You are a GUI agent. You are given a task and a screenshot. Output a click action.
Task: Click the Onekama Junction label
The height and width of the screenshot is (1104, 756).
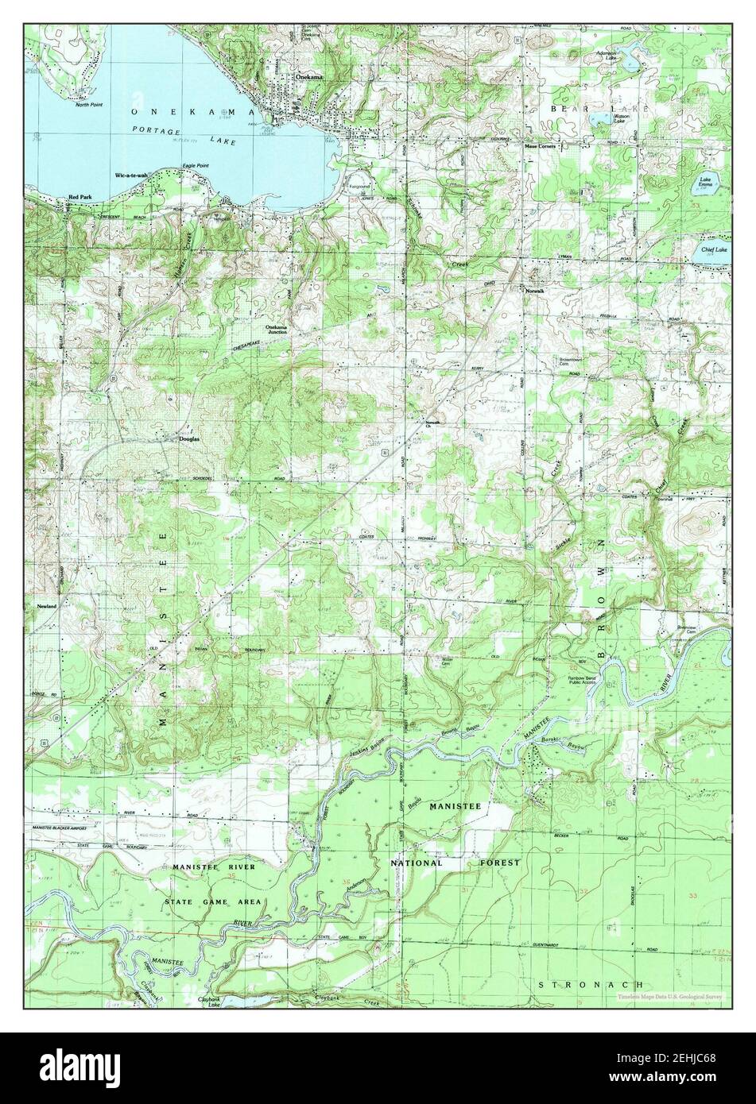click(276, 330)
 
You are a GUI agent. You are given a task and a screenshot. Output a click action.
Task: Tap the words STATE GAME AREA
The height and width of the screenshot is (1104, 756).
click(207, 903)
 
